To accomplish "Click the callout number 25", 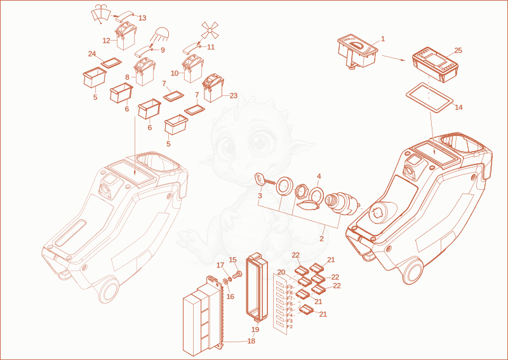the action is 458,51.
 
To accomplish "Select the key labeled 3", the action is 265,180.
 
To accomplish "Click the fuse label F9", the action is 290,287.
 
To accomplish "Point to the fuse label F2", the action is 290,326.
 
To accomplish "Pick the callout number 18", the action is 251,341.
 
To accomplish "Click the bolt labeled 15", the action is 237,276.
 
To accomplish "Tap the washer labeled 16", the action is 225,281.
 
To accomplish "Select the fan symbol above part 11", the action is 210,30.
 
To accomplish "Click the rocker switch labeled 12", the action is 126,37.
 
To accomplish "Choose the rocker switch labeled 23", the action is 213,88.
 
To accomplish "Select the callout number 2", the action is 321,239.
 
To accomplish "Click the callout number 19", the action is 255,330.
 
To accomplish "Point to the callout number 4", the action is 319,177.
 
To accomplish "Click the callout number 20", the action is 281,272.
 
